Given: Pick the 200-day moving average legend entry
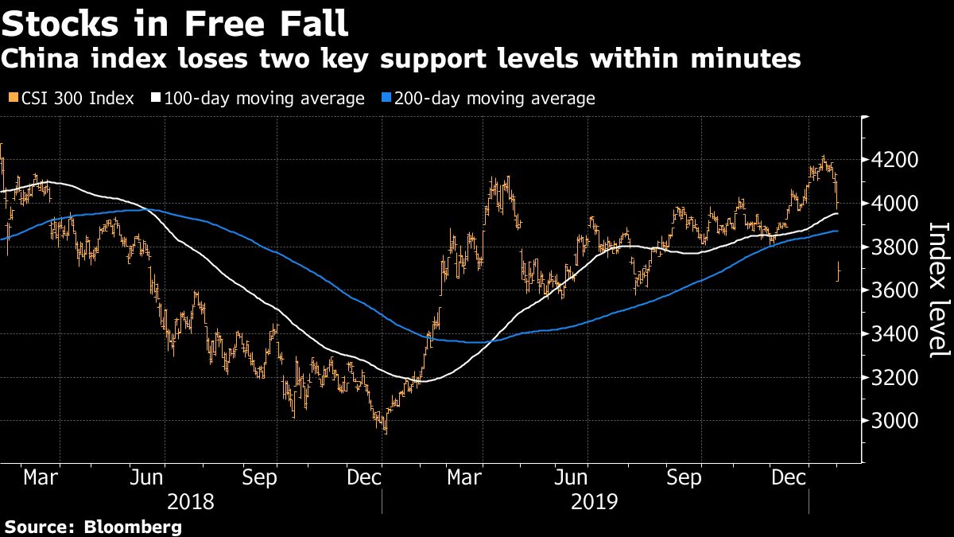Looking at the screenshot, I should point(494,99).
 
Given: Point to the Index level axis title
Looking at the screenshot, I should point(939,290).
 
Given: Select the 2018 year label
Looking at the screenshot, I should point(191,502).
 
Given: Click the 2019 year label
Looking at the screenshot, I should point(595,502).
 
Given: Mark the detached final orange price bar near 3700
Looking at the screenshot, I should point(839,272).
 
